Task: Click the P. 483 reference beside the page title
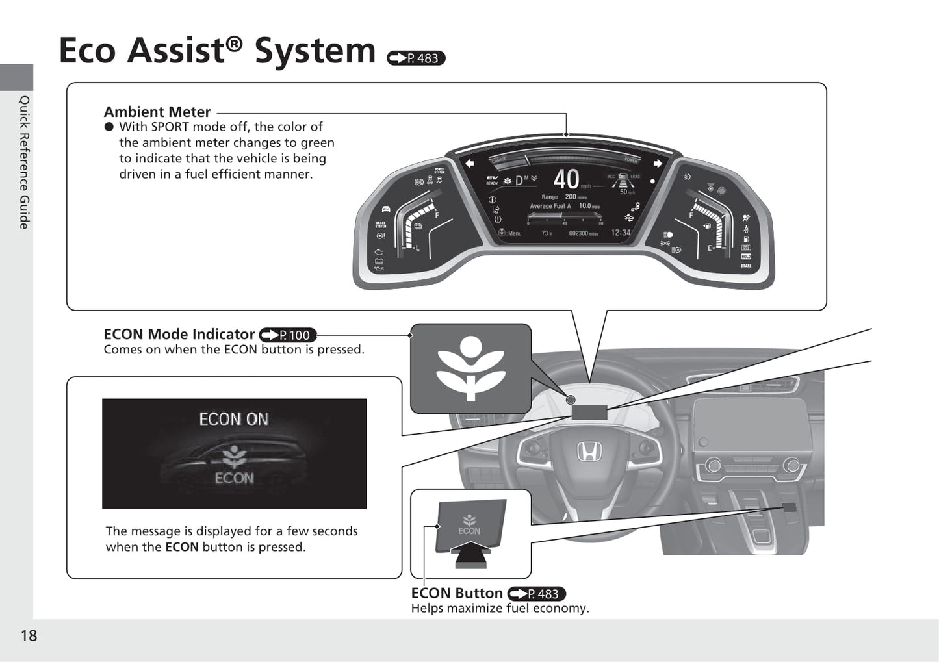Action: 416,58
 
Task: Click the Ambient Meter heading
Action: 157,112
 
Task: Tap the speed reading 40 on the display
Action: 566,179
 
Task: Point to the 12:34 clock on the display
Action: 621,233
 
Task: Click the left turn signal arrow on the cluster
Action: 469,164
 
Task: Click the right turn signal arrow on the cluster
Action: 658,164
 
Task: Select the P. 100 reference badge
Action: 288,335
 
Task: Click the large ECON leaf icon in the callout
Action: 470,368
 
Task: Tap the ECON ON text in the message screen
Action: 234,419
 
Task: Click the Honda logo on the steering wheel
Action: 590,450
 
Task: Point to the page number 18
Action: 29,635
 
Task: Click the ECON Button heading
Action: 457,593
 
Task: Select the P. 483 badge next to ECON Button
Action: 537,594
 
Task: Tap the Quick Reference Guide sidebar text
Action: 24,162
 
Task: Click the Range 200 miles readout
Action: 563,197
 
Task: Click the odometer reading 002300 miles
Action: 583,233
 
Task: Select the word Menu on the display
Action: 515,233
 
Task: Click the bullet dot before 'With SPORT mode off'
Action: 109,127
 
